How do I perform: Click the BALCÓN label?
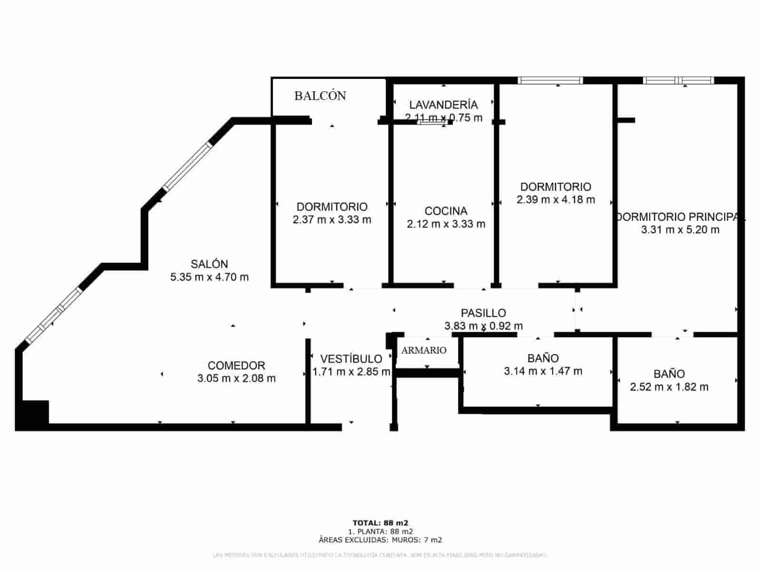(x=320, y=96)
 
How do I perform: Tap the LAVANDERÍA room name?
(x=443, y=104)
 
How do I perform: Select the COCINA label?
(x=446, y=211)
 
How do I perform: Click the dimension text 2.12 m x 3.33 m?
(x=446, y=224)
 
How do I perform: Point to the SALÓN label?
(x=209, y=264)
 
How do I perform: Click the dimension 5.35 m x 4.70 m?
(x=209, y=277)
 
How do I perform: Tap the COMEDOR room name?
(x=236, y=365)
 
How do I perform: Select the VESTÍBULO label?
(x=351, y=359)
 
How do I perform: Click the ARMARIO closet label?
(x=424, y=350)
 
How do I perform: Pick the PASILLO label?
(x=483, y=313)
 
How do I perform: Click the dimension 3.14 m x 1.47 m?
(x=543, y=371)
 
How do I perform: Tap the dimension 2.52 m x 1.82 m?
(x=669, y=387)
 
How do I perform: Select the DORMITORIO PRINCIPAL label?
(x=680, y=217)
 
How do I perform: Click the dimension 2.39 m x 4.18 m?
(x=556, y=200)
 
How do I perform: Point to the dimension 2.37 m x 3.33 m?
(x=332, y=220)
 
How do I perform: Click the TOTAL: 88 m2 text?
(x=380, y=523)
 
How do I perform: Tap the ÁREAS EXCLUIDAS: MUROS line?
(x=380, y=540)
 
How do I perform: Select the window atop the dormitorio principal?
(x=678, y=80)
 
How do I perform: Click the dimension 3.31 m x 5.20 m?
(x=680, y=230)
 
